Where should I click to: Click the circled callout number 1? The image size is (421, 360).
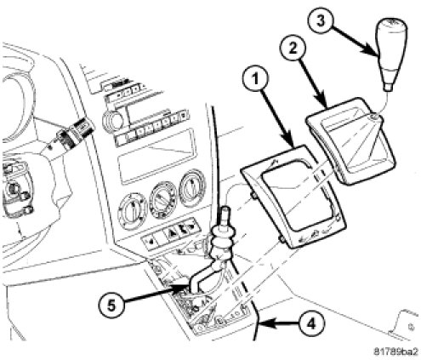256,80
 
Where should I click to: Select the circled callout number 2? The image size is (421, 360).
293,49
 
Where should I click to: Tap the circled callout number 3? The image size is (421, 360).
321,22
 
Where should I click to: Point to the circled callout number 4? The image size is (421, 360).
311,323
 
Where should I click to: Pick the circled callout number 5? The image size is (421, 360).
111,306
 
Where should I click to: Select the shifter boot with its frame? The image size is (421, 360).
350,140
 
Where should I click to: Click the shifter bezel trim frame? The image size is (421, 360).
293,197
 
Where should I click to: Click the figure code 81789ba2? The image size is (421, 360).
396,351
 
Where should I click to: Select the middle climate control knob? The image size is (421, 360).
163,199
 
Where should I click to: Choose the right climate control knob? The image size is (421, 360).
193,188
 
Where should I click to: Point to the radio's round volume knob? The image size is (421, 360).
112,120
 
